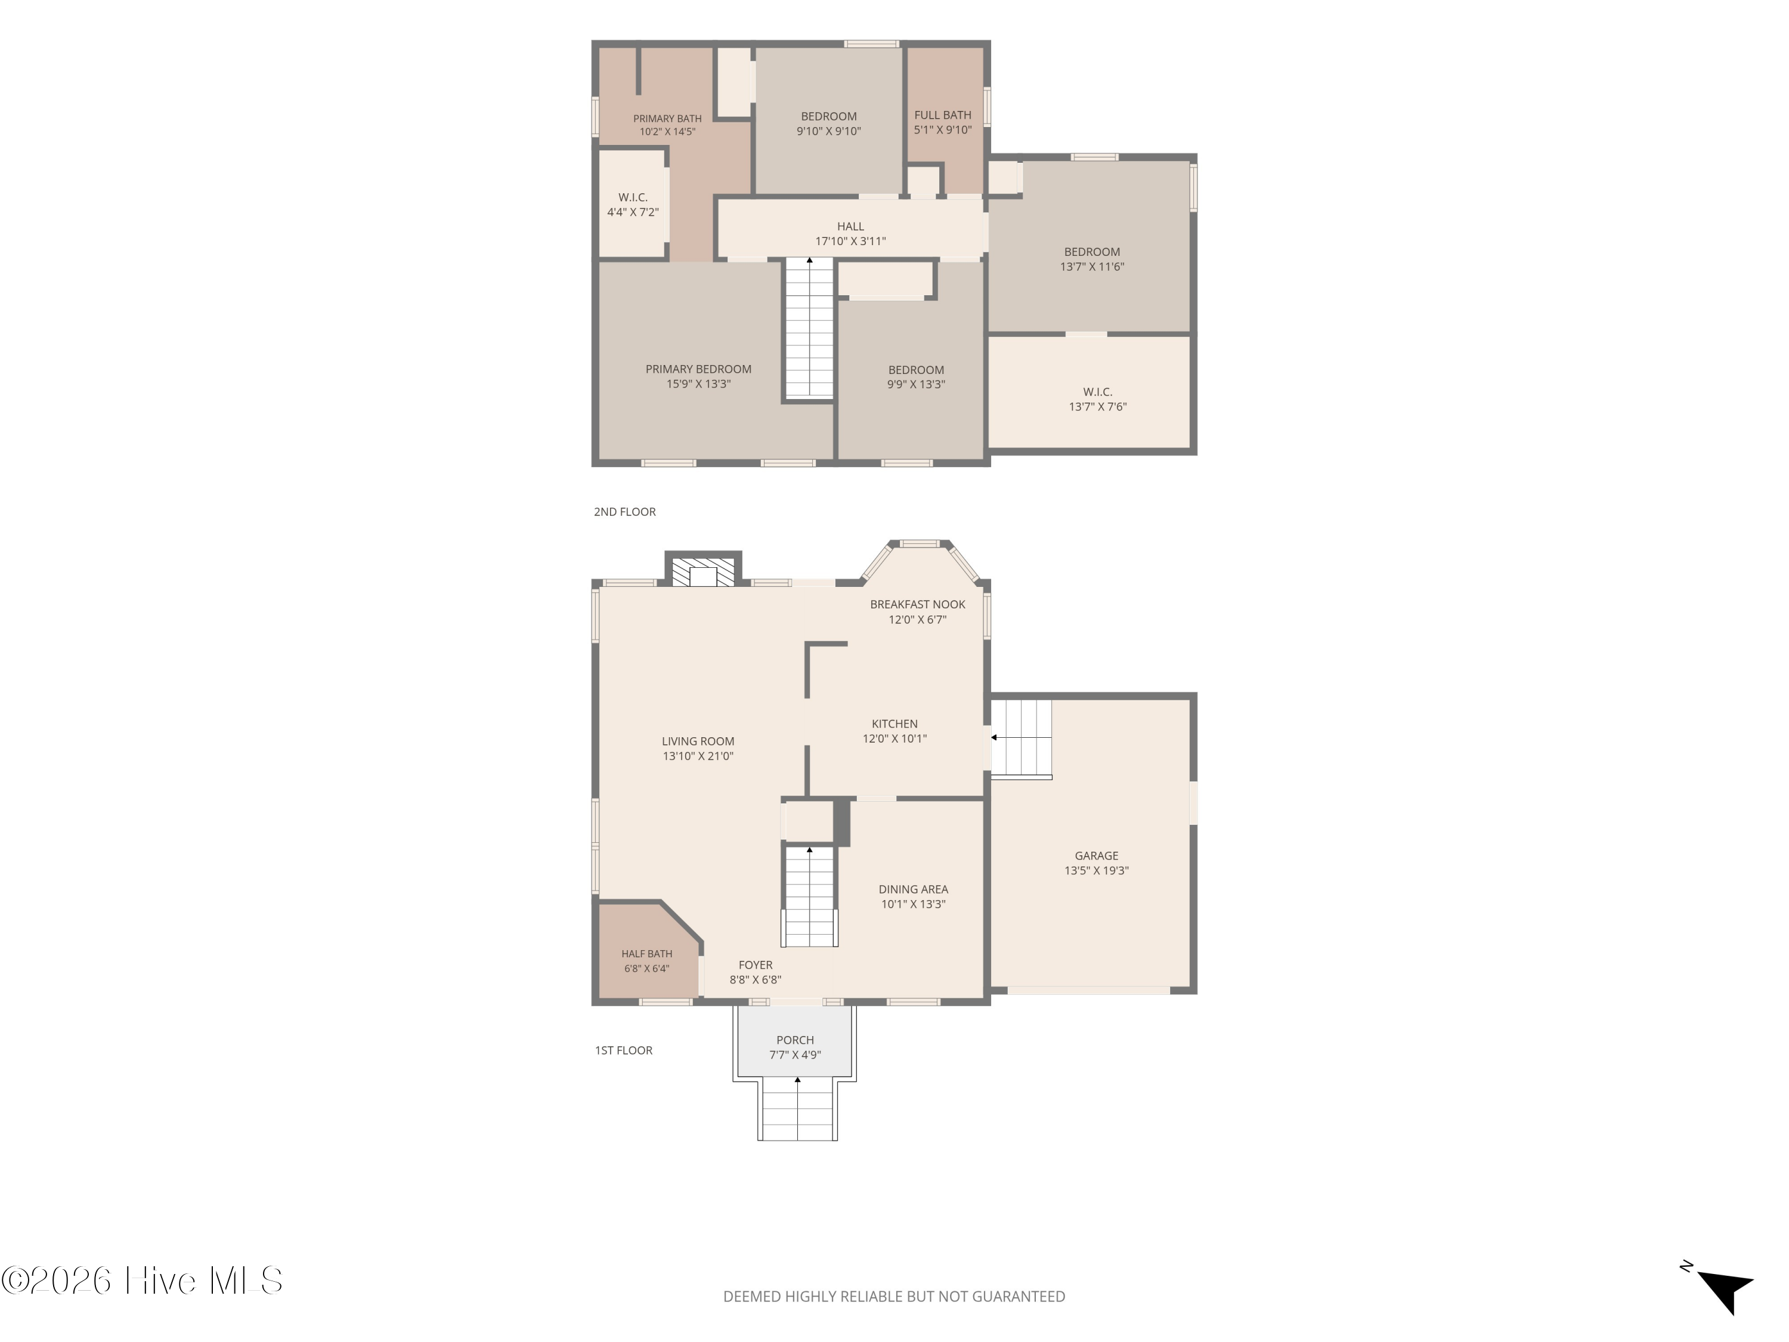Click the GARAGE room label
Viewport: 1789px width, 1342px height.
[1097, 856]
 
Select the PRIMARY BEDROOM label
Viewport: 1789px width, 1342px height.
[698, 369]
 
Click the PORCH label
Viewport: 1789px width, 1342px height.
[795, 1040]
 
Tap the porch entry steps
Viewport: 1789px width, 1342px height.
[797, 1109]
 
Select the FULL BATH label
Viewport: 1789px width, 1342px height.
[943, 115]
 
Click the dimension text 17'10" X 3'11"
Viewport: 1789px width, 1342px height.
[851, 241]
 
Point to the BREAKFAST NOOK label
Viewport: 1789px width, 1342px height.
[918, 604]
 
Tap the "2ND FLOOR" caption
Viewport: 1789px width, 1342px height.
[624, 511]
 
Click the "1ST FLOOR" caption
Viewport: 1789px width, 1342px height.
[624, 1050]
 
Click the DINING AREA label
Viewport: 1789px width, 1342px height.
[913, 889]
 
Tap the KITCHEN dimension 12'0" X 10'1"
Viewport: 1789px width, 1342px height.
[895, 738]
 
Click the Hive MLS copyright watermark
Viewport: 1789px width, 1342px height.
[143, 1281]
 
